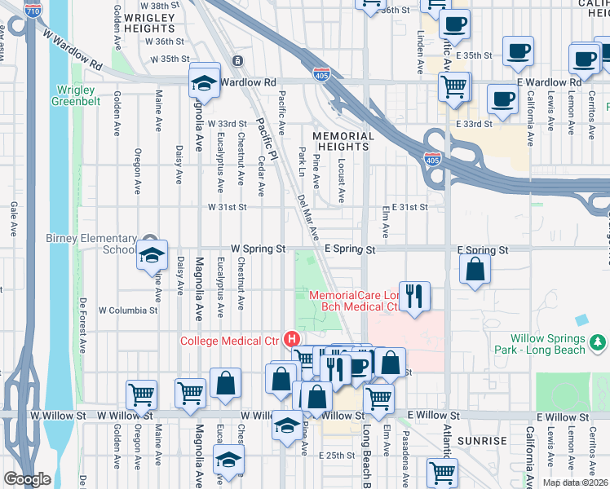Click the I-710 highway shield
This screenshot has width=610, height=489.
pos(33,11)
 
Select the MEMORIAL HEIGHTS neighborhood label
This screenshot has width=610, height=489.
pos(344,142)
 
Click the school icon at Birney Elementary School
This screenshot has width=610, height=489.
pos(150,254)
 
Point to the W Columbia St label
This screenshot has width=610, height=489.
pos(128,311)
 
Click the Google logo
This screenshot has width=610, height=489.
pos(27,479)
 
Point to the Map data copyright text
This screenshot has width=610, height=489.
pos(576,482)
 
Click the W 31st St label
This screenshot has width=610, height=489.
pos(221,208)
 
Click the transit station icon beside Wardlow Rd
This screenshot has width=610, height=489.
pos(237,61)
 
